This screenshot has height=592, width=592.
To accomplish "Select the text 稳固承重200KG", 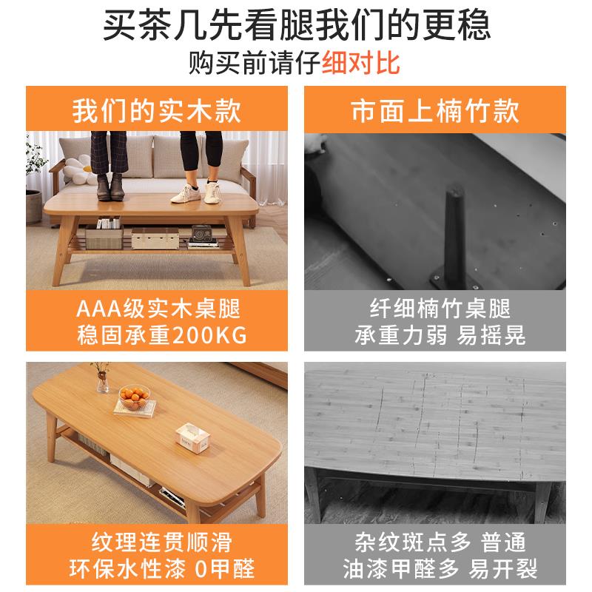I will [157, 334].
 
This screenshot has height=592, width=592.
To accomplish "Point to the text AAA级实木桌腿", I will [157, 308].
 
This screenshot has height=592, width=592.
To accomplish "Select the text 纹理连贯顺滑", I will [157, 542].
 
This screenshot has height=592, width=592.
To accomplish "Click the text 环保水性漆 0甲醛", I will [157, 568].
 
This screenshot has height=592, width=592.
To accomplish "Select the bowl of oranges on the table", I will [135, 400].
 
